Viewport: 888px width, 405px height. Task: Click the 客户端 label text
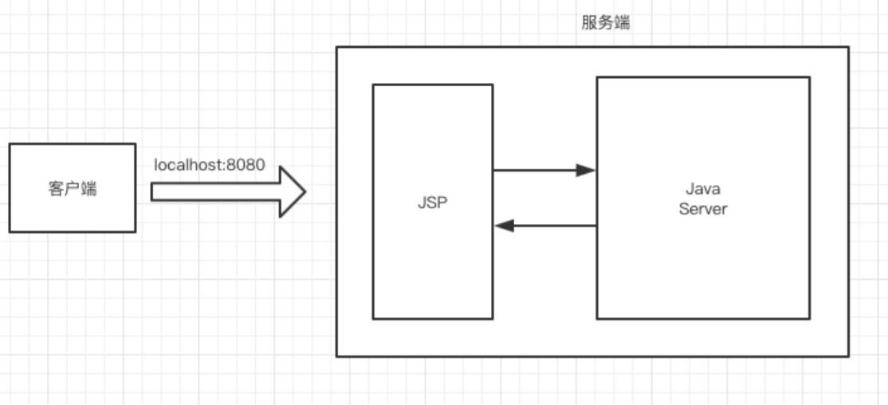tap(73, 189)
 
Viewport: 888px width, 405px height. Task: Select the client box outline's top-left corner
tap(10, 144)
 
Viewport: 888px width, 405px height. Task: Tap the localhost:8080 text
tap(210, 166)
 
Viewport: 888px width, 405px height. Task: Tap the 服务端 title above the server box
tap(606, 23)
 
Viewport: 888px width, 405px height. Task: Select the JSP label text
tap(433, 202)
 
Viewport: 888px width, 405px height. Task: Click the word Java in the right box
tap(702, 189)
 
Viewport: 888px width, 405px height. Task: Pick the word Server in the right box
tap(702, 209)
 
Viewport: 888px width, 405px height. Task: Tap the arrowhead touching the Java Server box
tap(587, 170)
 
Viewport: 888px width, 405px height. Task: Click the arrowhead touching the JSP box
tap(503, 226)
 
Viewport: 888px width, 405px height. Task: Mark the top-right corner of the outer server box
tap(848, 47)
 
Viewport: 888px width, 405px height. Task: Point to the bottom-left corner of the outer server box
tap(336, 356)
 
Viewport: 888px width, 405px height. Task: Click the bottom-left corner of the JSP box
tap(373, 319)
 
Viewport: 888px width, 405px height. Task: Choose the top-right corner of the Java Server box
tap(810, 77)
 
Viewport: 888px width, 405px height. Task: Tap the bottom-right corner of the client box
tap(136, 232)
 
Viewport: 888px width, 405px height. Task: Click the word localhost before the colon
tap(189, 166)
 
